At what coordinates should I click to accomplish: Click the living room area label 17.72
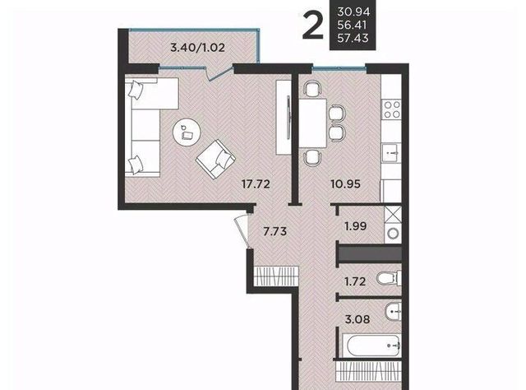point(256,184)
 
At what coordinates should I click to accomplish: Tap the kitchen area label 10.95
point(345,184)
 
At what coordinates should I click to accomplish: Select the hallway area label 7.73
point(275,231)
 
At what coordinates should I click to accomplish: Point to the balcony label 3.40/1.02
point(197,48)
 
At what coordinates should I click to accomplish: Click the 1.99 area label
point(356,226)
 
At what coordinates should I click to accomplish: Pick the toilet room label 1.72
point(355,281)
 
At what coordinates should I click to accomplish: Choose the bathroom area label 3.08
point(358,319)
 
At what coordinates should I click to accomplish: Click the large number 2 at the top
point(312,25)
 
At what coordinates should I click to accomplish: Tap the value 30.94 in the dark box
point(353,12)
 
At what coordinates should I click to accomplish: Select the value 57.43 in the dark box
point(353,38)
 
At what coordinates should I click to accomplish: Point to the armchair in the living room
point(215,160)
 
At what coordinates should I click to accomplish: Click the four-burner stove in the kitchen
point(392,109)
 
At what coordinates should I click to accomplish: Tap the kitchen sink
point(391,153)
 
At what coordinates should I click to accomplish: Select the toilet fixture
point(389,278)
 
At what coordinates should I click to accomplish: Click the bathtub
point(373,346)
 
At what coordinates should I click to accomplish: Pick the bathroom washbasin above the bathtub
point(393,313)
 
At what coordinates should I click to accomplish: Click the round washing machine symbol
point(393,233)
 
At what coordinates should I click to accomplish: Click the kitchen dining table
point(312,123)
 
